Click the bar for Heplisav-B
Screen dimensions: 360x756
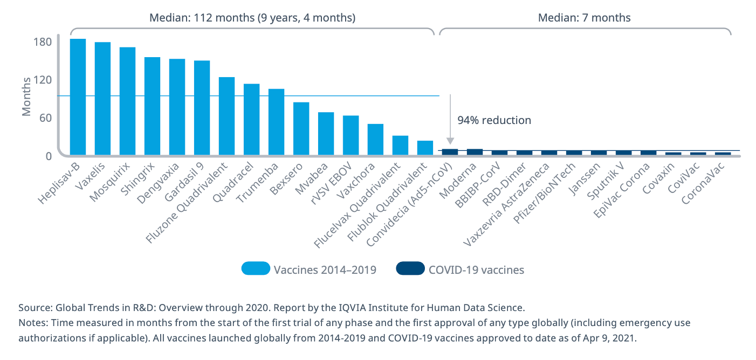[78, 97]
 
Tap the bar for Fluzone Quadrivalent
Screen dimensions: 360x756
[226, 116]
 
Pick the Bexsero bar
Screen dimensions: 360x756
[301, 128]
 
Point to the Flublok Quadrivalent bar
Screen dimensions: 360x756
[425, 148]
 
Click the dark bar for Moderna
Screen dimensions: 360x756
[475, 152]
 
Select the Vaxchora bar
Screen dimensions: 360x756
[375, 140]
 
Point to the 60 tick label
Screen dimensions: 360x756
[45, 118]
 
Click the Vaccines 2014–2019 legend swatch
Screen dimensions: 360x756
[255, 269]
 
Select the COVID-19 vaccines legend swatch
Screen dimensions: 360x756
[410, 269]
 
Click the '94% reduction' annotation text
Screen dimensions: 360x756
[494, 120]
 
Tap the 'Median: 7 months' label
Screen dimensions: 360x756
[584, 17]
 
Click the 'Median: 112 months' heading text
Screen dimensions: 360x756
[252, 17]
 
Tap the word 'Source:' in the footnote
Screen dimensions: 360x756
[35, 308]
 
